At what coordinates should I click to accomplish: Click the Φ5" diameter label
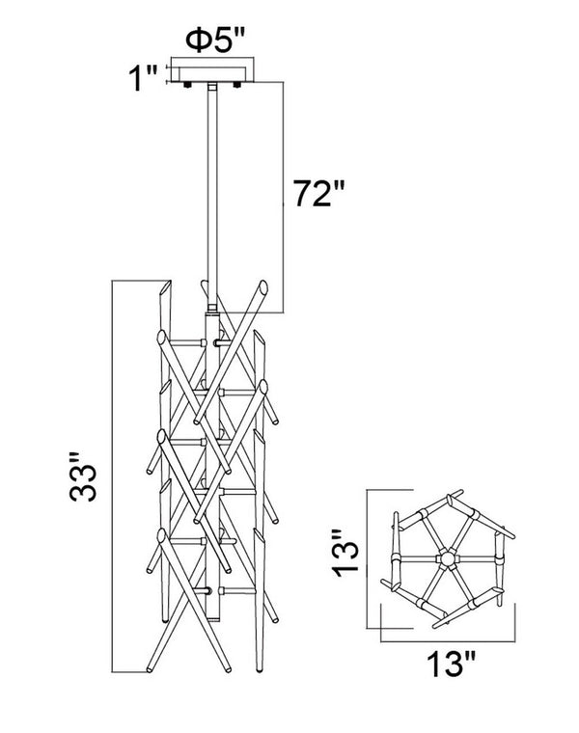pos(215,41)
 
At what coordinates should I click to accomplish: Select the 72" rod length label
pos(318,193)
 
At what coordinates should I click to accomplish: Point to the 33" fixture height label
pos(83,476)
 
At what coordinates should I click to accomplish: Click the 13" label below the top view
pos(451,664)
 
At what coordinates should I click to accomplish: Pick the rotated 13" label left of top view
pos(345,552)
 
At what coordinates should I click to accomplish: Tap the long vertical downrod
pos(212,197)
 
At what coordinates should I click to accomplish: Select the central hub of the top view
pos(447,558)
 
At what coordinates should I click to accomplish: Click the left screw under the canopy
pos(188,86)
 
